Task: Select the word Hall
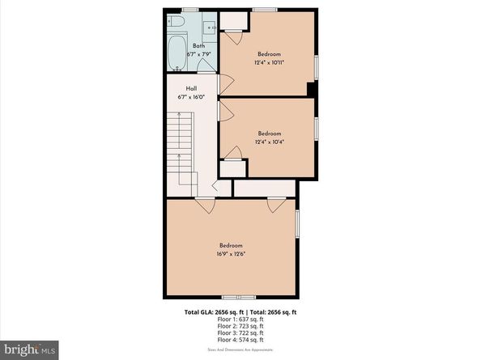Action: coord(191,88)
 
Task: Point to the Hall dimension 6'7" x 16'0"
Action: coord(191,96)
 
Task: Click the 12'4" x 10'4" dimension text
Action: coord(270,142)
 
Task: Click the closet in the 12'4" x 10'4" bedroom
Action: coord(234,167)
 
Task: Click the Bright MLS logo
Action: coord(29,349)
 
